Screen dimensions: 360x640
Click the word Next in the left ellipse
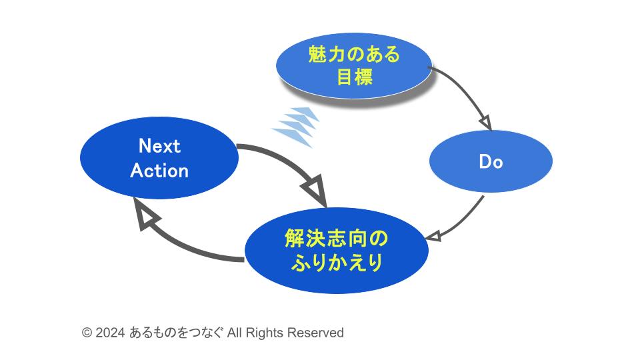click(159, 146)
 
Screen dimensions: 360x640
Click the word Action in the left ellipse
click(159, 171)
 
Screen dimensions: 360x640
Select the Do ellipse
click(491, 161)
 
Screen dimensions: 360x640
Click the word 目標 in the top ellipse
click(354, 77)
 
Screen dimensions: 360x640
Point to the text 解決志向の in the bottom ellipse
click(336, 239)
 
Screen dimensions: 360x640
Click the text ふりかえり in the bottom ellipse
click(336, 263)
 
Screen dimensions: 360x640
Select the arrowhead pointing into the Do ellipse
click(485, 123)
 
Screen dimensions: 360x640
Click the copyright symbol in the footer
click(87, 333)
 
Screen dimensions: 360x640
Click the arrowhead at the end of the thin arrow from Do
click(432, 236)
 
